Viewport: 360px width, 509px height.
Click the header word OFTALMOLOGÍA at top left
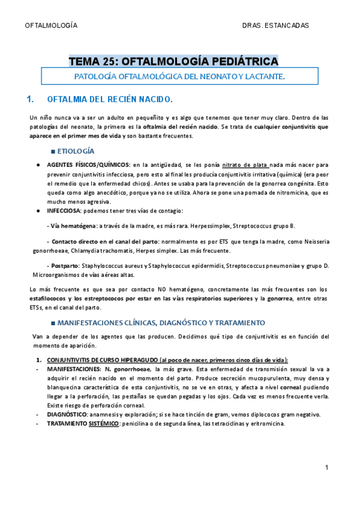click(50, 26)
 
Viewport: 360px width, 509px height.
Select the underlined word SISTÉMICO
click(104, 423)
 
